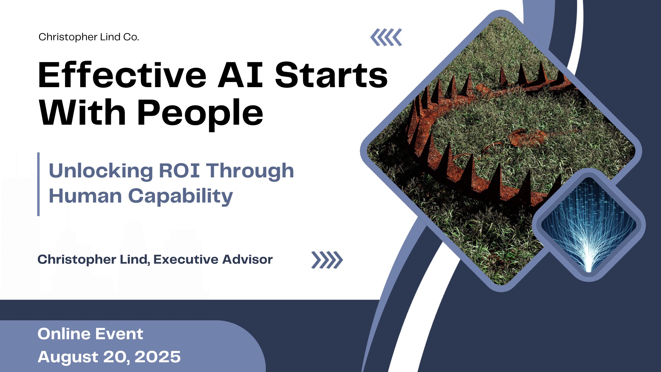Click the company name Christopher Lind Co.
click(x=88, y=37)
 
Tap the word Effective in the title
click(x=122, y=75)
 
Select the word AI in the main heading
click(x=240, y=75)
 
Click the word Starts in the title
click(x=331, y=75)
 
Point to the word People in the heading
click(x=200, y=113)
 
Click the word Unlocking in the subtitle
click(x=101, y=171)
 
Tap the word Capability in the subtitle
click(x=180, y=196)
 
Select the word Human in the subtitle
click(x=85, y=196)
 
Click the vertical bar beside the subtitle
click(x=39, y=184)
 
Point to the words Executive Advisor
click(x=213, y=259)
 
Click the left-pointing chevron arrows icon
click(x=386, y=37)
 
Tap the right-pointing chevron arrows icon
click(x=327, y=260)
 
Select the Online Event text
click(x=90, y=334)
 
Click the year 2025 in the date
click(x=157, y=357)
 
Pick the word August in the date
click(x=68, y=357)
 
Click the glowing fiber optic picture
click(x=589, y=226)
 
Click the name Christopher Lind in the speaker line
click(x=93, y=259)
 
